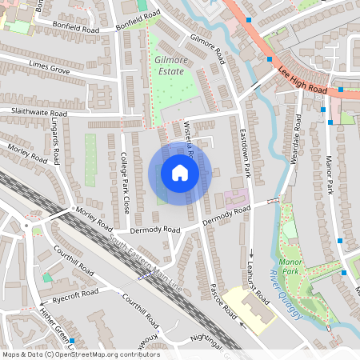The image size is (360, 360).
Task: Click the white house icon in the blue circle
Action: (179, 173)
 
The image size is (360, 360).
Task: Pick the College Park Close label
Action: (124, 183)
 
